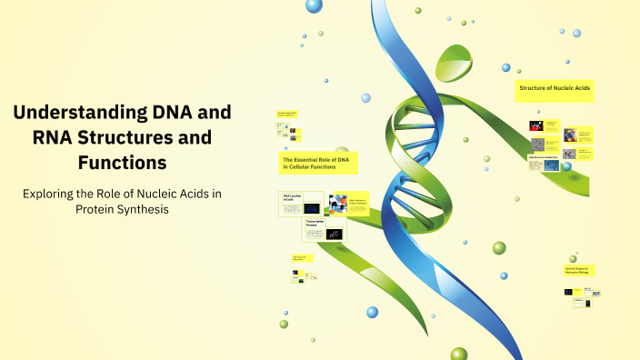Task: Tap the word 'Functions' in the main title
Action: point(122,163)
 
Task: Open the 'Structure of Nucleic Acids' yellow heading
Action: point(555,89)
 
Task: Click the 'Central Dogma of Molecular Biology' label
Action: point(579,270)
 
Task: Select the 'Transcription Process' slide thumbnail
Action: point(325,229)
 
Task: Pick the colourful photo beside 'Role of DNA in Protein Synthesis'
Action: point(339,201)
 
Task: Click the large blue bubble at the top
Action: point(315,6)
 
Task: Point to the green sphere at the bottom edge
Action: point(458,354)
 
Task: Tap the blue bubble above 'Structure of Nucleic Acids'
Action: point(506,67)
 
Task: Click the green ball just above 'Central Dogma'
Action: point(573,259)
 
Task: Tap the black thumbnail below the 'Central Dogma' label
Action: point(568,292)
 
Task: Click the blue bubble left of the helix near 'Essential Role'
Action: point(366,98)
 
